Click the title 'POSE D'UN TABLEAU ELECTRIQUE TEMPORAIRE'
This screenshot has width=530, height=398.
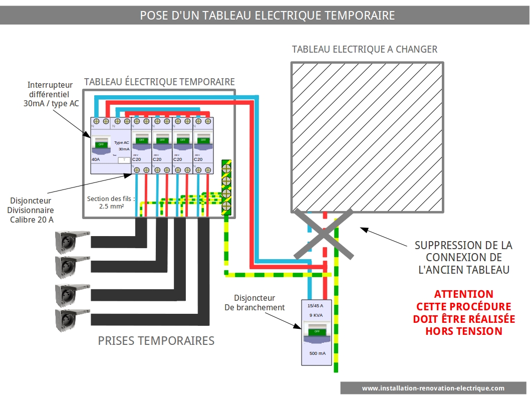pyautogui.click(x=267, y=16)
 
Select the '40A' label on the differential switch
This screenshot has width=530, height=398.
pyautogui.click(x=96, y=159)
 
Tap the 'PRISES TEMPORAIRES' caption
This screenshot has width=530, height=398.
pyautogui.click(x=156, y=341)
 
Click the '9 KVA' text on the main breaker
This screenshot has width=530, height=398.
pyautogui.click(x=316, y=315)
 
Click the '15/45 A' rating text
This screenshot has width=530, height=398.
pyautogui.click(x=316, y=306)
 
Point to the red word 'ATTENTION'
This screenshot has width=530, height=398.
pyautogui.click(x=463, y=294)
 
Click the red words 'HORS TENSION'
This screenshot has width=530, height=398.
pyautogui.click(x=463, y=331)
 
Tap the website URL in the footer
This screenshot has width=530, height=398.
pyautogui.click(x=433, y=388)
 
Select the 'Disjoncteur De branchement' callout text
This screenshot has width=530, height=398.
pyautogui.click(x=254, y=303)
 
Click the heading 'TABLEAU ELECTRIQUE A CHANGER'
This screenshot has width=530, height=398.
pyautogui.click(x=365, y=49)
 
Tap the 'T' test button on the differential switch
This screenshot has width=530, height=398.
pyautogui.click(x=124, y=159)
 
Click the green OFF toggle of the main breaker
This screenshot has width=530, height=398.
pyautogui.click(x=316, y=332)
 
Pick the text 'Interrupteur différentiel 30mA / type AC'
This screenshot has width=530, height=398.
pyautogui.click(x=50, y=94)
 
